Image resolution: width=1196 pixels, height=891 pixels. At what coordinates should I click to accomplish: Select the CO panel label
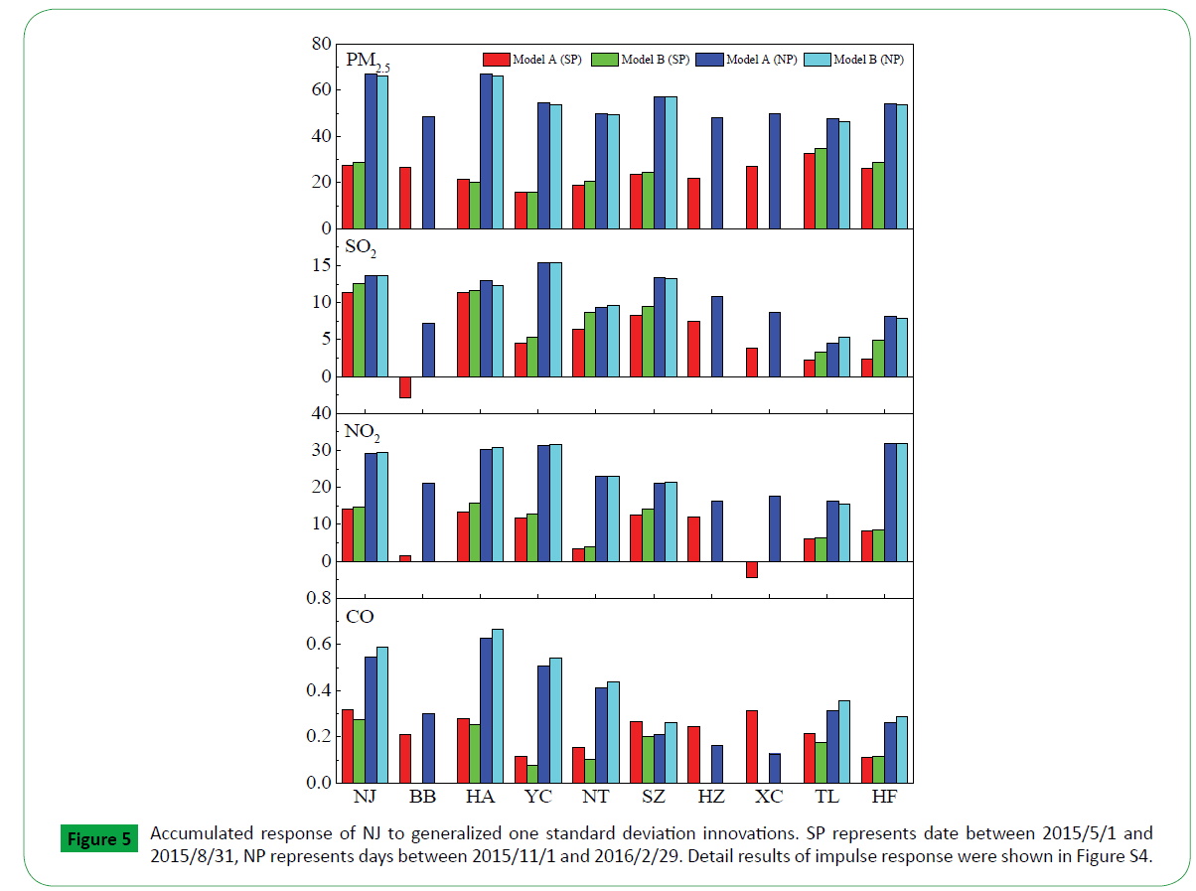click(x=360, y=617)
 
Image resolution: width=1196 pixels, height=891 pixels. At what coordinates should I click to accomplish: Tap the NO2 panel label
click(x=363, y=433)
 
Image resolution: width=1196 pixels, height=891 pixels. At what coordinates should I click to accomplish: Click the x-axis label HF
click(x=884, y=798)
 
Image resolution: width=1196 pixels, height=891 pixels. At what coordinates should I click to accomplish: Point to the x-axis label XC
click(x=769, y=798)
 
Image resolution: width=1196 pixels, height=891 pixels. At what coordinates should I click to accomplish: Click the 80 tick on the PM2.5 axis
click(x=320, y=44)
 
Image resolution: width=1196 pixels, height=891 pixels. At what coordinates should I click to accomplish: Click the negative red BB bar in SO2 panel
click(x=405, y=387)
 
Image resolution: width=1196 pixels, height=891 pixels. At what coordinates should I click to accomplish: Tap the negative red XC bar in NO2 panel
click(x=751, y=569)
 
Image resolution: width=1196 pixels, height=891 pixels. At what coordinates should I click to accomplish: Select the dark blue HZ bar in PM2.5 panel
click(x=717, y=173)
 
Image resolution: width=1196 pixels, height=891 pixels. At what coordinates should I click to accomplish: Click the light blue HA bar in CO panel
click(x=498, y=705)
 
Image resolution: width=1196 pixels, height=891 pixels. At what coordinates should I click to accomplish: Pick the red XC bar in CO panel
click(x=751, y=746)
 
